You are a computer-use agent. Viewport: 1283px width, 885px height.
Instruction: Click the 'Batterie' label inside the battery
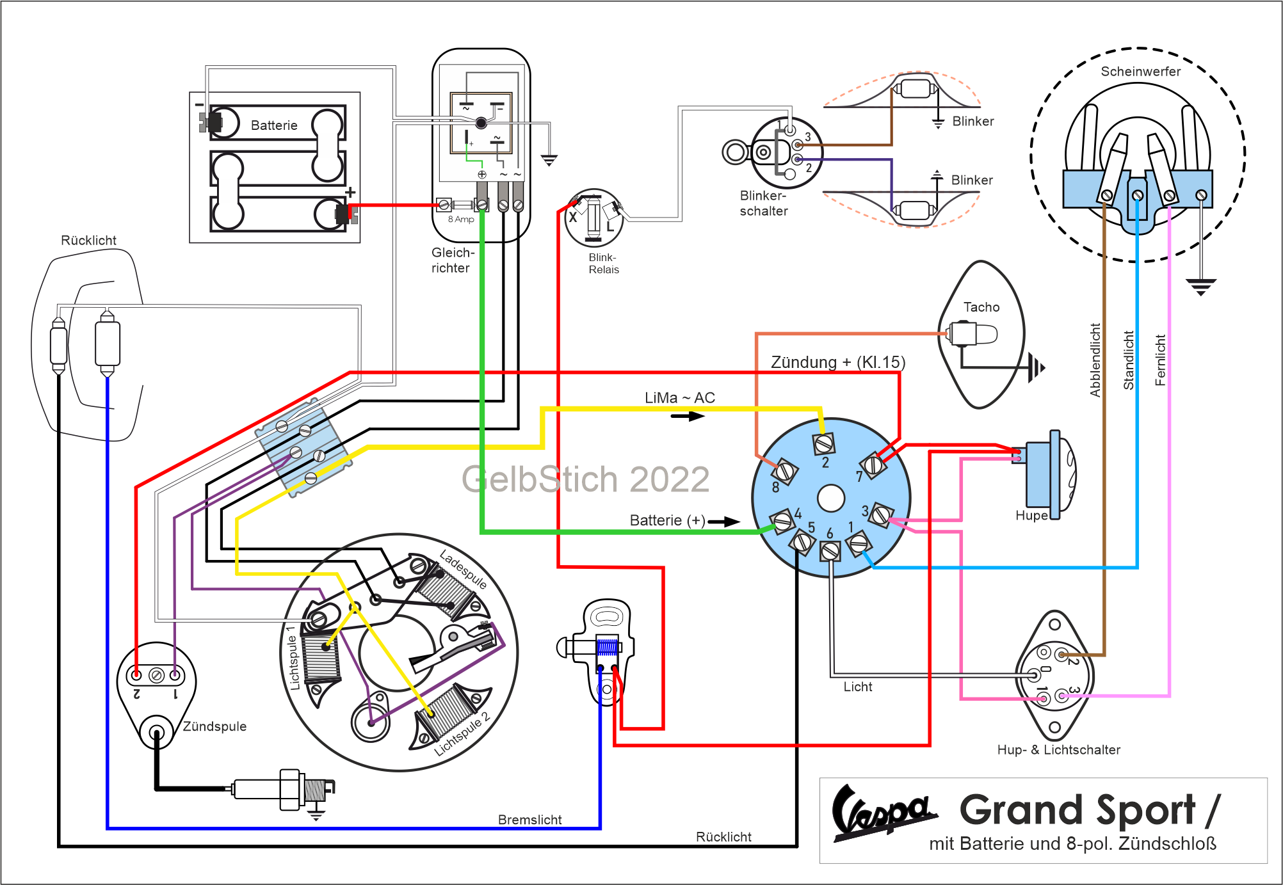[274, 125]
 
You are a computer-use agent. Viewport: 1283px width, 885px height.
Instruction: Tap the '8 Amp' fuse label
[461, 219]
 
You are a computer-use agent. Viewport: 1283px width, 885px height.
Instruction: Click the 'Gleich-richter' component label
[453, 260]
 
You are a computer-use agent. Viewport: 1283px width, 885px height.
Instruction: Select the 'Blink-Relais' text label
[604, 263]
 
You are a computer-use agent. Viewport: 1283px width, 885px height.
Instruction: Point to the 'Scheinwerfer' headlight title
[1141, 71]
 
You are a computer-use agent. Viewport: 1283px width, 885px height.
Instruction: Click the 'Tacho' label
[981, 307]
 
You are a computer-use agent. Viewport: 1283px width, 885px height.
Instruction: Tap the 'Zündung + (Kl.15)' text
[838, 362]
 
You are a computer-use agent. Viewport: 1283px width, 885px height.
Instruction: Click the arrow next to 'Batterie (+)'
[723, 522]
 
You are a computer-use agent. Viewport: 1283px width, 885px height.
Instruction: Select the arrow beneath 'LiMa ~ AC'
[688, 416]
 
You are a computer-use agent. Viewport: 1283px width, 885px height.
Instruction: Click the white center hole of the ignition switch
[831, 498]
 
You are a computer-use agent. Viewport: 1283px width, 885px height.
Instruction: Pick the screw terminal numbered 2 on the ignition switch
[823, 442]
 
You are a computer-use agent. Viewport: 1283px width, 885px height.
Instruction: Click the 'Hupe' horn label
[1031, 516]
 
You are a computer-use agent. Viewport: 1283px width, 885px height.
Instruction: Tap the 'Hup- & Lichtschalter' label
[1059, 749]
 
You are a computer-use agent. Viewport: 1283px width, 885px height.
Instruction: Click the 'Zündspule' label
[214, 726]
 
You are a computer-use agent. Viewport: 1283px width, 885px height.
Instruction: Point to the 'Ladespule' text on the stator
[464, 569]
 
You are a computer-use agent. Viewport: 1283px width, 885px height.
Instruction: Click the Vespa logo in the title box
[884, 812]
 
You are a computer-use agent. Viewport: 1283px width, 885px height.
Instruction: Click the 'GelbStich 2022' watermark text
[586, 479]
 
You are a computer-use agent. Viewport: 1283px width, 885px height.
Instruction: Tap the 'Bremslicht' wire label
[529, 820]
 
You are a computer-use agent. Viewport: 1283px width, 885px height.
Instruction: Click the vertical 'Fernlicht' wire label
[1160, 360]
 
